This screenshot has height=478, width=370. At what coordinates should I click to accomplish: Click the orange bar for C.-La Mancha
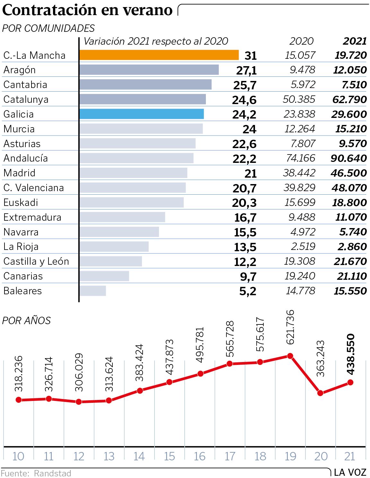tap(159, 55)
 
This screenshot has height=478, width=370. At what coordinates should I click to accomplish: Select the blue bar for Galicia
tap(142, 114)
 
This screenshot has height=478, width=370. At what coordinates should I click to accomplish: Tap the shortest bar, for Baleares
tap(93, 291)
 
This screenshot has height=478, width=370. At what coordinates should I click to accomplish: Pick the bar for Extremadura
tap(122, 217)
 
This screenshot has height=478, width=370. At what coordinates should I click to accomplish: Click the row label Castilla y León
tap(36, 261)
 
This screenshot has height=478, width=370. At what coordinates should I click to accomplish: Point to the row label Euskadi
tap(21, 202)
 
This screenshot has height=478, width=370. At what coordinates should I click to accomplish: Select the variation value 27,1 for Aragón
tap(246, 70)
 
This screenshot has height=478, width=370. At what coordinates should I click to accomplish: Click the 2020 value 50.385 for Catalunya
tap(299, 99)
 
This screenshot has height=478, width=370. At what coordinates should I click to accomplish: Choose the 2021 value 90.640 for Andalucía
tap(348, 158)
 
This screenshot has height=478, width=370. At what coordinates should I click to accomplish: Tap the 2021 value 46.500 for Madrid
tap(348, 173)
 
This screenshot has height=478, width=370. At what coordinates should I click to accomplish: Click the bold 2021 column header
tap(355, 41)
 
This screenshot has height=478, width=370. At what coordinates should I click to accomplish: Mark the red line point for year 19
tap(290, 356)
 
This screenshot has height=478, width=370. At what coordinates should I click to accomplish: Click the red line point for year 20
tap(320, 393)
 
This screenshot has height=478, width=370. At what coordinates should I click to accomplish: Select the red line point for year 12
tap(79, 402)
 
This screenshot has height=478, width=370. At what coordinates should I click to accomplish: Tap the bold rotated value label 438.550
tap(351, 354)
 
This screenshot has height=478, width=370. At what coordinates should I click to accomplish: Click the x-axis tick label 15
tap(169, 456)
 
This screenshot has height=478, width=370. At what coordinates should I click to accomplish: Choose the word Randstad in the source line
tap(52, 474)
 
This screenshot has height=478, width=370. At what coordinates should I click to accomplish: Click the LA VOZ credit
tap(350, 473)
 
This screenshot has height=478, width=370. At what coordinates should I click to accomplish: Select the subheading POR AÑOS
tap(26, 321)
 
